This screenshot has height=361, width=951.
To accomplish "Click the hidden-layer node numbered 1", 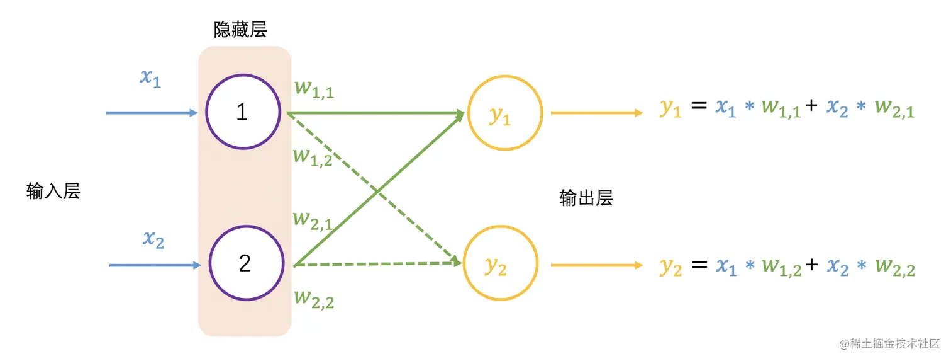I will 242,112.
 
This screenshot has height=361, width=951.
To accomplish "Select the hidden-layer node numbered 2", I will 245,263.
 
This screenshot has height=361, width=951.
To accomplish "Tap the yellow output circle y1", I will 504,113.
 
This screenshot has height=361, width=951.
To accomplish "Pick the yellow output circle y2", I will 501,266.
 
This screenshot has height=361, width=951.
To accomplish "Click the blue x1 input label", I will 150,77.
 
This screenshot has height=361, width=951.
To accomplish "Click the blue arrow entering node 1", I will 152,113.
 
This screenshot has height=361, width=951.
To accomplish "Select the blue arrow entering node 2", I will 155,265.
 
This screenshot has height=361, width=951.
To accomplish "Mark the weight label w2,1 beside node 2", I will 313,219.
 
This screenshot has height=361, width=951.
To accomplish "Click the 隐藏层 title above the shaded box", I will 240,29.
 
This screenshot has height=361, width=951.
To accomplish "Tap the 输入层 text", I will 53,191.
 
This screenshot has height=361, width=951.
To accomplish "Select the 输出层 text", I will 586,198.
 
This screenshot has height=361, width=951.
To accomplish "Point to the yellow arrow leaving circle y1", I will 596,113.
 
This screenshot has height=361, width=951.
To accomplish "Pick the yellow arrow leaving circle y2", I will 596,266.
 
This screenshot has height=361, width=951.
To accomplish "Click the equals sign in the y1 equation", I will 699,108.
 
